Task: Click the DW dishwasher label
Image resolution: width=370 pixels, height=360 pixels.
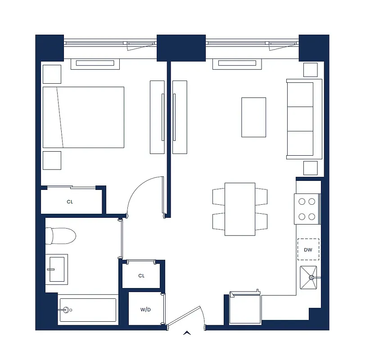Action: tap(308, 250)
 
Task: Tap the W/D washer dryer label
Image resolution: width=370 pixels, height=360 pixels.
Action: tap(145, 310)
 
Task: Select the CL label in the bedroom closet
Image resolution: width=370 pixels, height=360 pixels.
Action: tap(70, 202)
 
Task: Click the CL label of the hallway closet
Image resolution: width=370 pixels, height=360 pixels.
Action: tap(141, 275)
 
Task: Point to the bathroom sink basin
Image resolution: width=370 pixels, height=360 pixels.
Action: tap(57, 269)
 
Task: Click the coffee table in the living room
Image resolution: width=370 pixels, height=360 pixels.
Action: tap(253, 117)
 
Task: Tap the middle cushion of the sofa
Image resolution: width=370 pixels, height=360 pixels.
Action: tap(300, 118)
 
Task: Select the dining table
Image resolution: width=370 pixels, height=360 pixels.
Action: tap(240, 209)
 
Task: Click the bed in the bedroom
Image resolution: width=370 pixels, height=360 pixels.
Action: tap(83, 117)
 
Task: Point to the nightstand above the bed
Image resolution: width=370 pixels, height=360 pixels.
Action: tap(52, 74)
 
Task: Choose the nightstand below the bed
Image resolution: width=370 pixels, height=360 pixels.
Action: tap(52, 160)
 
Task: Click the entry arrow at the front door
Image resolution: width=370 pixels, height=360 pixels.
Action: tap(187, 333)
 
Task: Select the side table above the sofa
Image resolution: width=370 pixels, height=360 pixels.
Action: tap(310, 70)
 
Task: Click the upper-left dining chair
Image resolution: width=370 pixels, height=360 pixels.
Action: tap(218, 196)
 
